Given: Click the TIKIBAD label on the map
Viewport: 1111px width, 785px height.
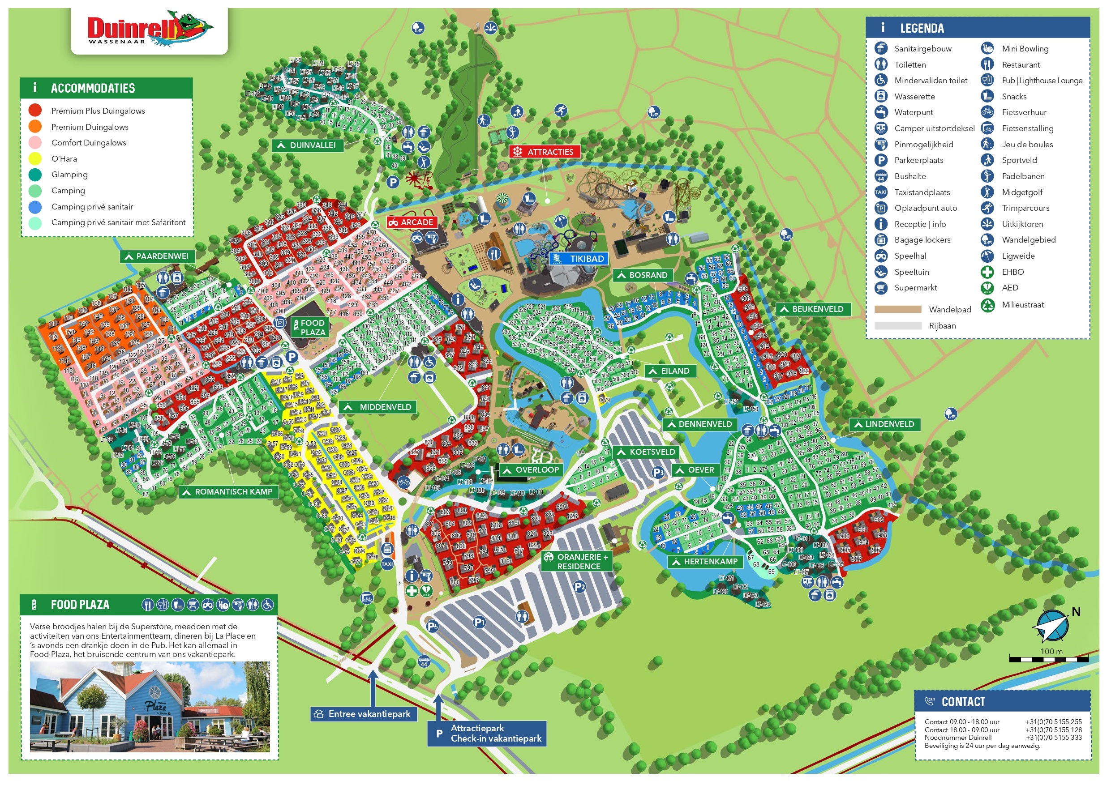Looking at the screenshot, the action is tap(580, 259).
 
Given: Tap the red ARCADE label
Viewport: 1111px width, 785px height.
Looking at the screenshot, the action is tap(412, 222).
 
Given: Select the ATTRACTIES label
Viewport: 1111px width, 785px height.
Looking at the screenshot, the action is tap(545, 152).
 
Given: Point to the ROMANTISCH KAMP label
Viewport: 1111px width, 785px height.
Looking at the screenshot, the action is tap(228, 492).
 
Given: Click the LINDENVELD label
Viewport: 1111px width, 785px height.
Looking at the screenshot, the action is tap(884, 425).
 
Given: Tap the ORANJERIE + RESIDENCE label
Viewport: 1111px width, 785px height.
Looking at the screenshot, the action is tap(577, 562).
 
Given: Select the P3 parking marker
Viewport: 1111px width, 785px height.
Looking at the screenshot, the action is tap(658, 473).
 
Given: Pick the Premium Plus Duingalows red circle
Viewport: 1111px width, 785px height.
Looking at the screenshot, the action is tap(35, 111).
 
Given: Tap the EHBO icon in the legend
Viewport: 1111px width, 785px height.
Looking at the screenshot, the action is tap(987, 272).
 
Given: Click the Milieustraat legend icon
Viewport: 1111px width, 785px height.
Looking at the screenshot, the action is tap(987, 305).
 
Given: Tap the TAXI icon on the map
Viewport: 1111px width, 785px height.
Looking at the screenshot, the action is tap(387, 564).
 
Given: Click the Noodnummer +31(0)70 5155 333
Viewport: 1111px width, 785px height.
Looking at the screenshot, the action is tap(1053, 738).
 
